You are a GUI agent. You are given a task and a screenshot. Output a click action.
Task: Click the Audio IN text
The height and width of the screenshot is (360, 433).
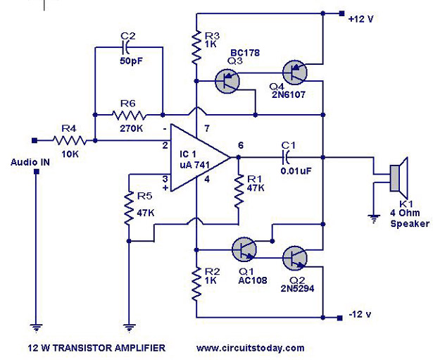coord(30,163)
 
